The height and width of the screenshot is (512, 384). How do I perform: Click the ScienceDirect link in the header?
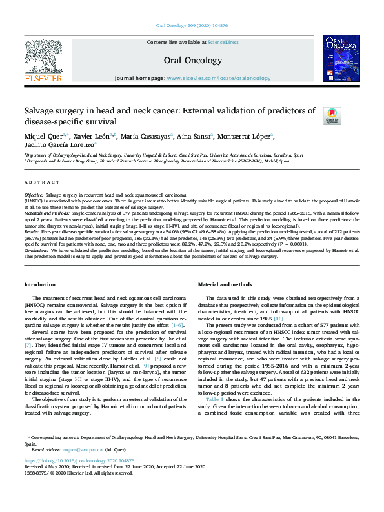(x=223, y=42)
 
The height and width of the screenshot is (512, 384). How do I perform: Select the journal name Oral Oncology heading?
(x=191, y=59)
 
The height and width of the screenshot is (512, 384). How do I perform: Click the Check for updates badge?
(x=349, y=116)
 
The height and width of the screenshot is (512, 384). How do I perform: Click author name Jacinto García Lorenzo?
(x=59, y=146)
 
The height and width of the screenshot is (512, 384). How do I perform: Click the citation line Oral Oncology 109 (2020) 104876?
(x=192, y=26)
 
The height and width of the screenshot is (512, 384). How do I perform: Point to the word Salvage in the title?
(x=39, y=110)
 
